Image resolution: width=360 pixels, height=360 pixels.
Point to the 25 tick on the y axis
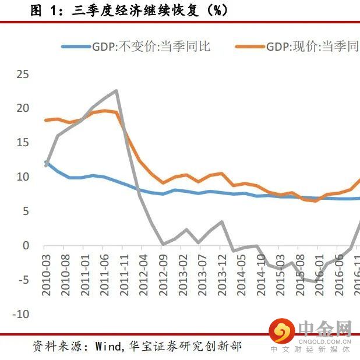coord(23,74)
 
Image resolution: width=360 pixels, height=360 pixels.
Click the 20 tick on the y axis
coord(23,108)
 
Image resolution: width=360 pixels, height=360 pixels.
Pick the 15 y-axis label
coord(23,143)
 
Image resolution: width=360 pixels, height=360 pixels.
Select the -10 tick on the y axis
coord(21,315)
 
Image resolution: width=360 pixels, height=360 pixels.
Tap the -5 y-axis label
coord(23,280)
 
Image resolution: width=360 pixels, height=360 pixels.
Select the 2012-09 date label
coord(164,273)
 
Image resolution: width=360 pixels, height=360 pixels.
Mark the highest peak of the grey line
coord(117,90)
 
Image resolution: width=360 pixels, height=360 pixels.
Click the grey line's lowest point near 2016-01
coord(315,282)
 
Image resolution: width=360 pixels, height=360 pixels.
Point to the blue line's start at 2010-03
coord(46,162)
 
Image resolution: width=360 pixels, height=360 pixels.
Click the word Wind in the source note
coord(105,346)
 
